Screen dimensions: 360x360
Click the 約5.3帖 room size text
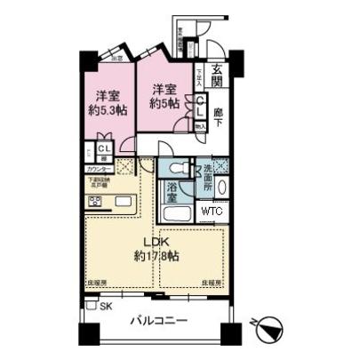click(108, 110)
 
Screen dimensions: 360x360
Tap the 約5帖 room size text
click(163, 103)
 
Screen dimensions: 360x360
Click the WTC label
click(211, 212)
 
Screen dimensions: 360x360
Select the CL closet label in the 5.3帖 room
click(103, 149)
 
